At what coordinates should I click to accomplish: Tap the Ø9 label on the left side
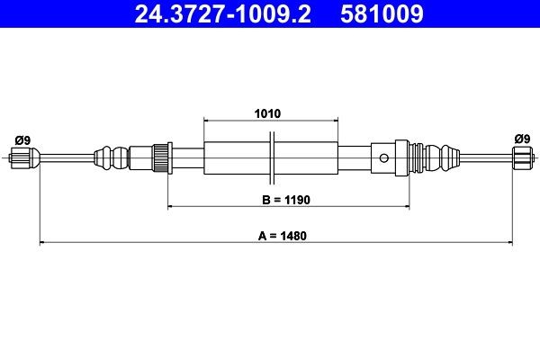coord(23,139)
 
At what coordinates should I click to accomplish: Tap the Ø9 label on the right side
coord(521,139)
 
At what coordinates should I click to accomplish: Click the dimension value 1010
coord(267,114)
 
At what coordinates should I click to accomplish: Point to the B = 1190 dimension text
coord(274,198)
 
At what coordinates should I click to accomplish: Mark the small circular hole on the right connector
coord(385,159)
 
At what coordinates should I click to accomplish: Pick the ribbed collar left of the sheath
coord(163,159)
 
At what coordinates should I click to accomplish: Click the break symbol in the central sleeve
coord(272,159)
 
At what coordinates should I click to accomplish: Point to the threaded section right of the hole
coord(416,159)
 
